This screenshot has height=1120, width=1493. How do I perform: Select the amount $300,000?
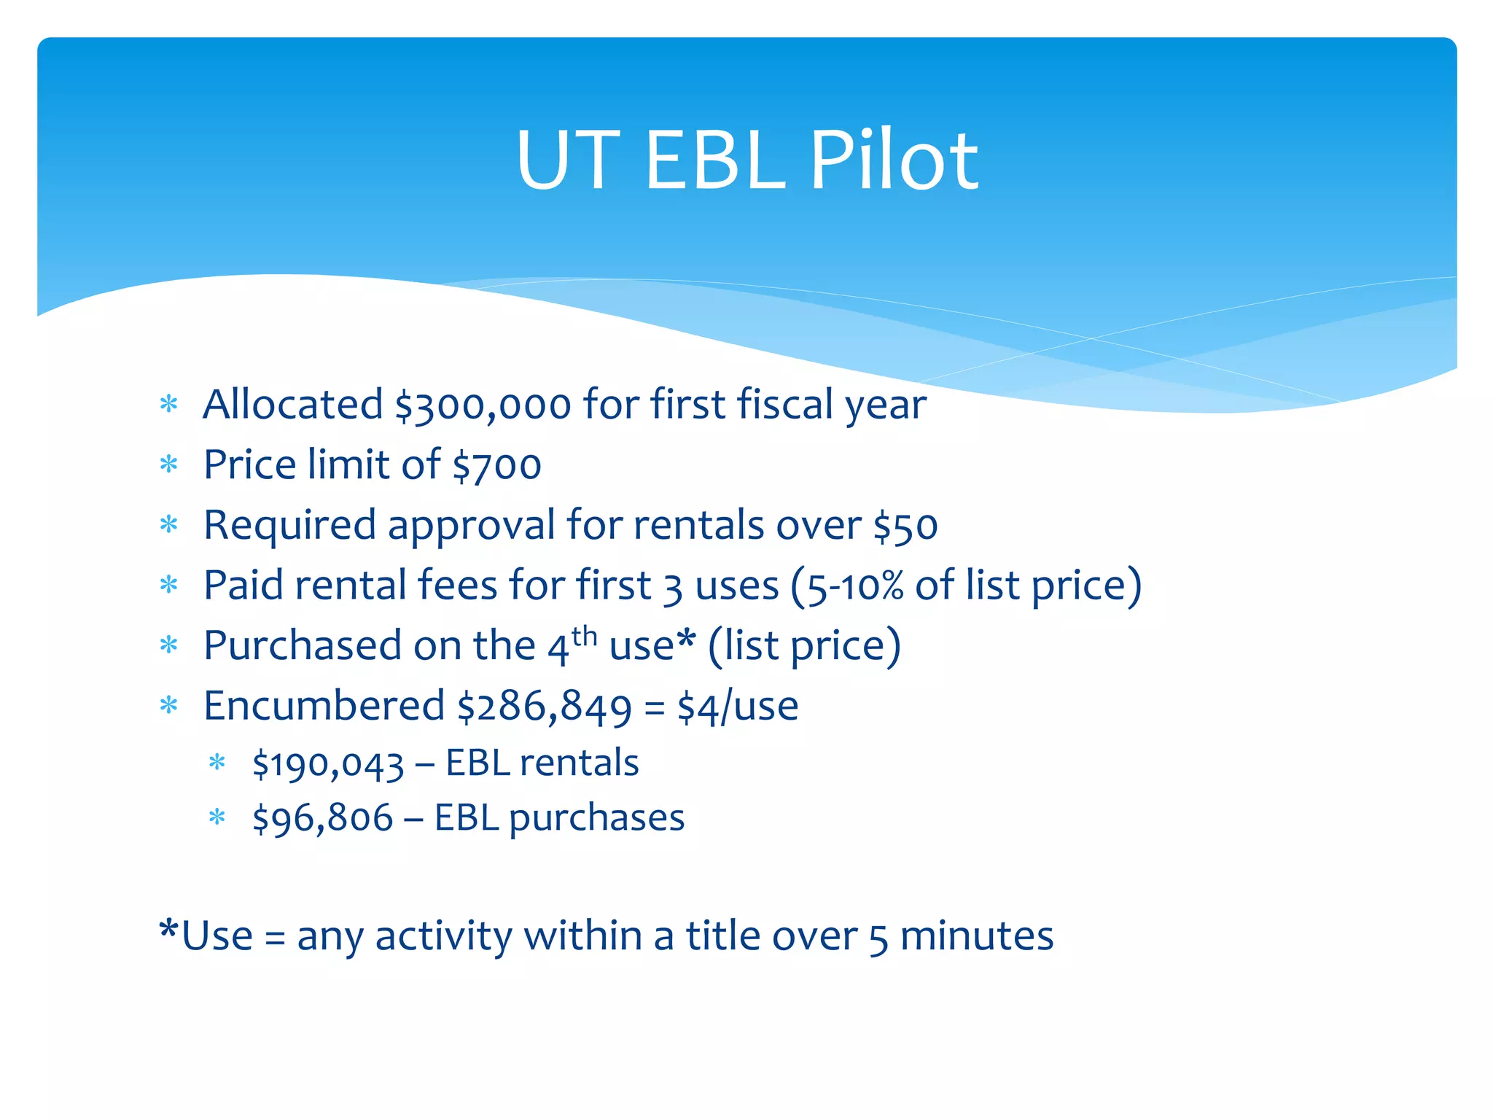pos(483,405)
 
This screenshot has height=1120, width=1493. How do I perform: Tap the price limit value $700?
pos(496,466)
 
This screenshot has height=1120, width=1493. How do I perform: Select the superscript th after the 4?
pos(584,636)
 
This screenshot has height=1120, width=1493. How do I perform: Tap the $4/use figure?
pos(737,707)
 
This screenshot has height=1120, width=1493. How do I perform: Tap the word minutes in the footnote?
pos(977,937)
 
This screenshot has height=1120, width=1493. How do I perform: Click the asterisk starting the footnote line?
pos(169,930)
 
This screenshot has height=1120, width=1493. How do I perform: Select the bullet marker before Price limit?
pos(169,464)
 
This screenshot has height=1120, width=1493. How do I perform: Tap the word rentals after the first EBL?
pos(579,764)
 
